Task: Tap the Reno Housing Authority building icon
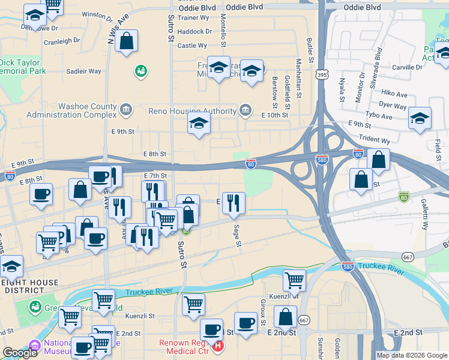246,110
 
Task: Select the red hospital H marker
218,346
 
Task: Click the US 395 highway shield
322,73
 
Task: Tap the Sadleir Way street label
83,71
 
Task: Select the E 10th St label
276,114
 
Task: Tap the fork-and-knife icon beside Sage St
233,203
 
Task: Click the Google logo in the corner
20,353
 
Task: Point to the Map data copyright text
412,355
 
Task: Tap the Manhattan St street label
298,71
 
